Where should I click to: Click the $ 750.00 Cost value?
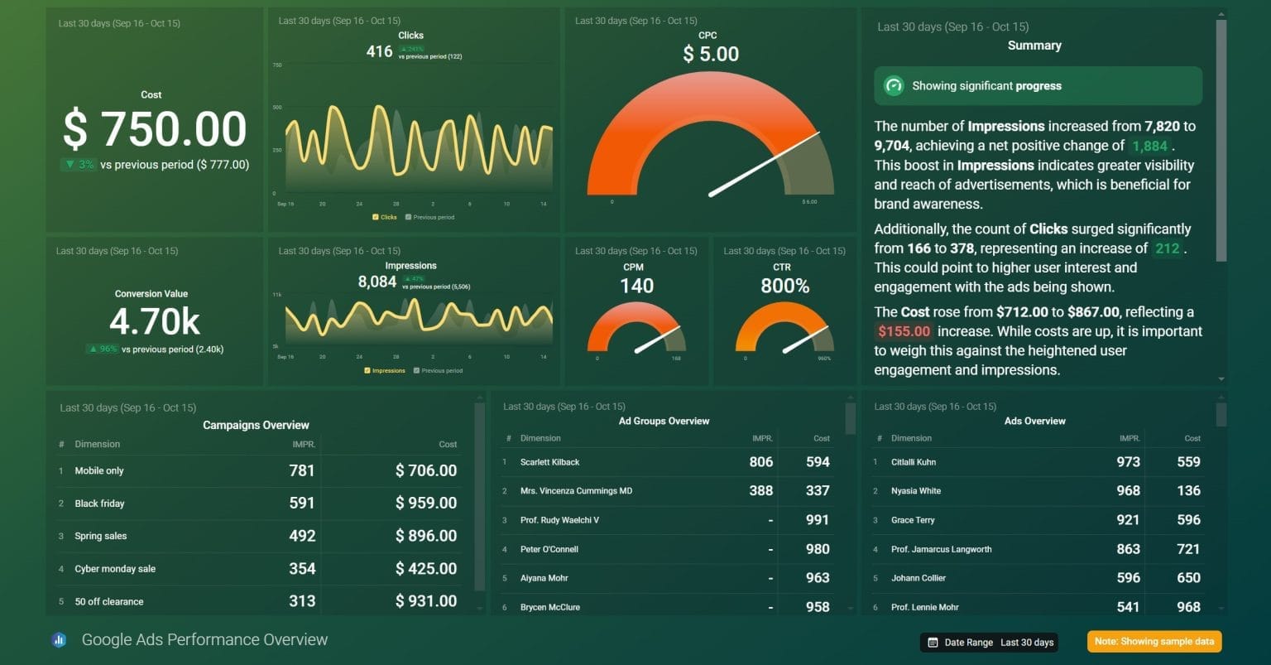coord(155,130)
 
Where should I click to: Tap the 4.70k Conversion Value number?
coord(155,322)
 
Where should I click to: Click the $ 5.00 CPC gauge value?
coord(711,55)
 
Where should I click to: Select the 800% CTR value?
coord(784,287)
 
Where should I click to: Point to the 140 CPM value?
coord(636,287)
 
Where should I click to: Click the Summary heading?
coord(1034,46)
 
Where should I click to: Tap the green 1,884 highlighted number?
coord(1149,147)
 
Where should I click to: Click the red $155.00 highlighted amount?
coord(904,331)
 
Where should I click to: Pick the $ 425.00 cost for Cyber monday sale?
coord(425,569)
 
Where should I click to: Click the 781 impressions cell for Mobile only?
coord(301,470)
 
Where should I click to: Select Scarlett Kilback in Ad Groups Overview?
coord(550,462)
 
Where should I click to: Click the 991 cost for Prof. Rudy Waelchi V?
coord(817,520)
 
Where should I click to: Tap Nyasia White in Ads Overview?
coord(916,491)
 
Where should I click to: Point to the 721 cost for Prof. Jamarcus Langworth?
coord(1188,549)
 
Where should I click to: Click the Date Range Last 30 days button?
coord(990,643)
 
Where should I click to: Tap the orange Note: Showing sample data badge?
coord(1154,642)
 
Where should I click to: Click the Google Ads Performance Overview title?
coord(204,640)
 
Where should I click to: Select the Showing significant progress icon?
coord(894,86)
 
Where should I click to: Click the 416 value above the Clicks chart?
coord(379,51)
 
